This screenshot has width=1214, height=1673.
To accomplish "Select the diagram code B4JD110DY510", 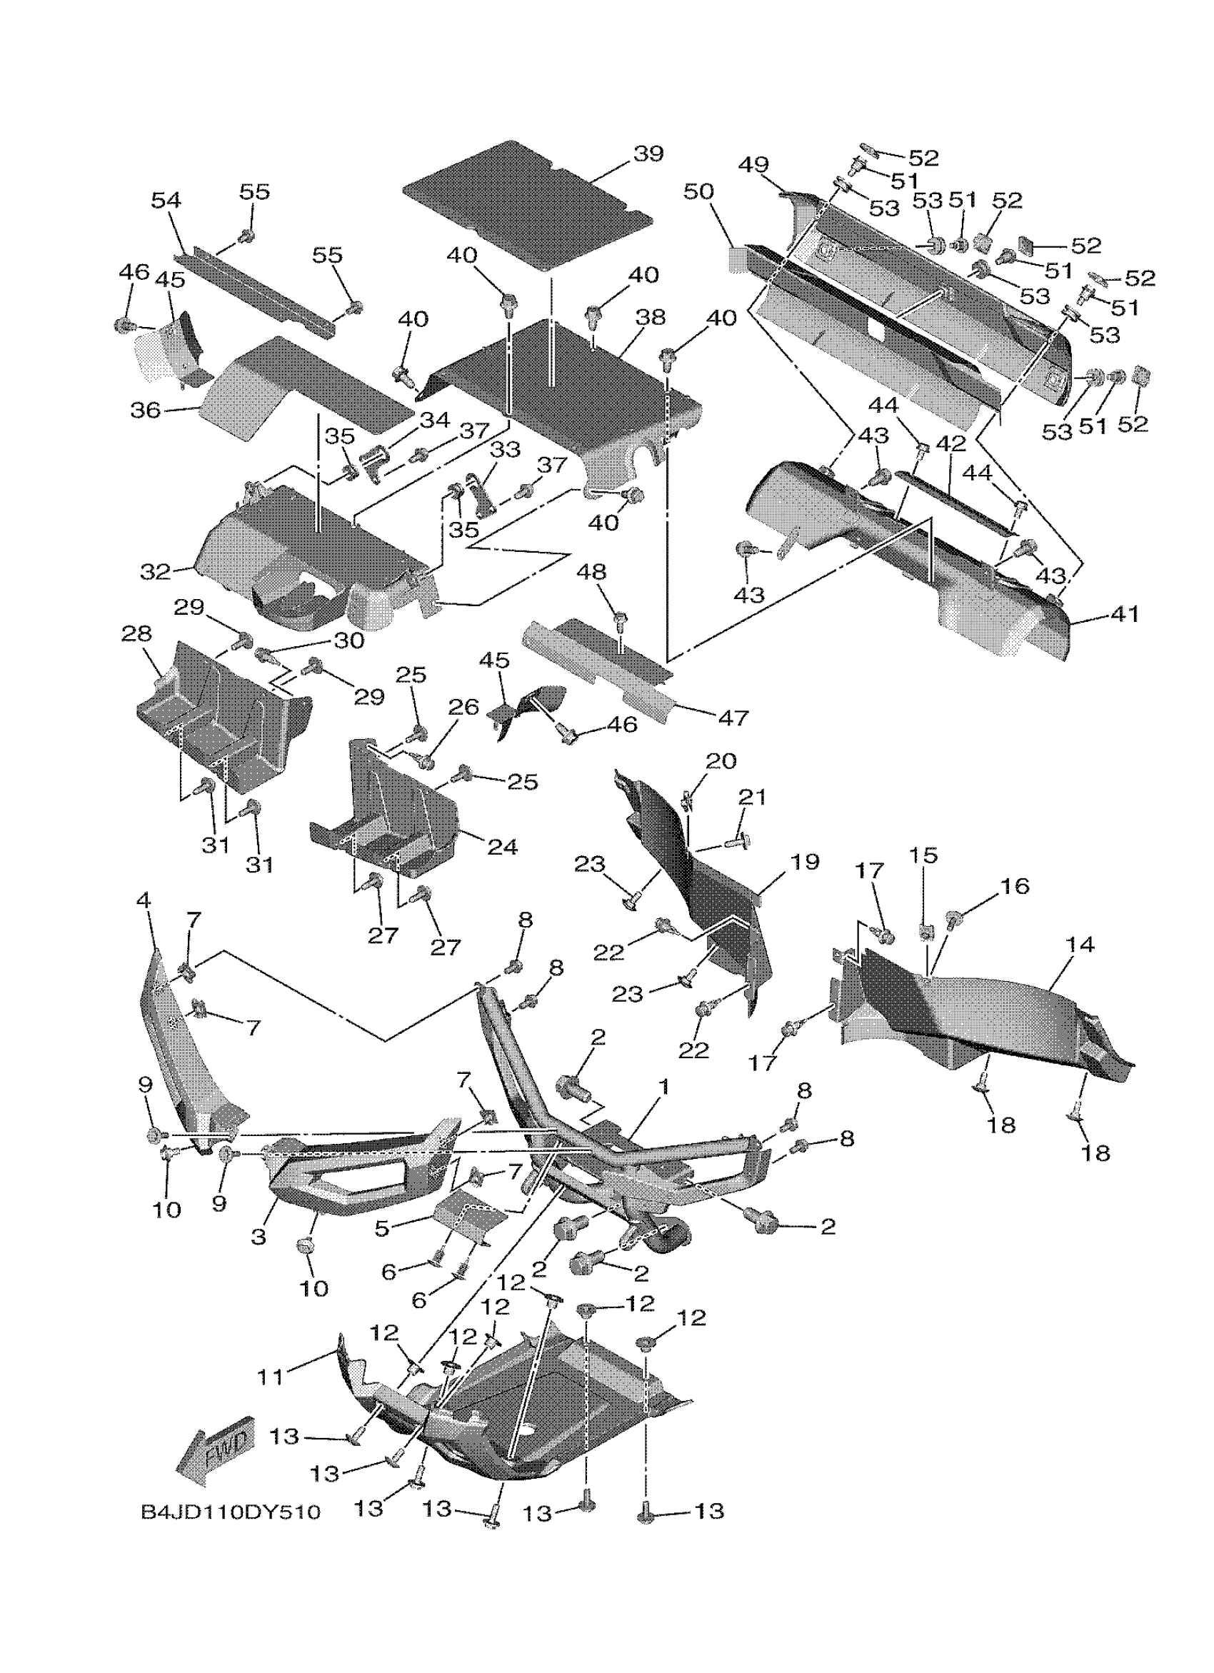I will (231, 1513).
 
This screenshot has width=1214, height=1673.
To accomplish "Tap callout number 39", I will (648, 154).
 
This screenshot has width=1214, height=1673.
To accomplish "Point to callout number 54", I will (166, 200).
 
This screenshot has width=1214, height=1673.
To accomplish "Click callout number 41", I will (1124, 614).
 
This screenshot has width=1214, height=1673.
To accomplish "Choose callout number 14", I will (1080, 944).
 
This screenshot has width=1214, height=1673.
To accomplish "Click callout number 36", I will (144, 410).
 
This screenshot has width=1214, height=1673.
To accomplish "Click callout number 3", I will (258, 1237).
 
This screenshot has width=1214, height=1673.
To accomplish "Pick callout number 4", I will (143, 900).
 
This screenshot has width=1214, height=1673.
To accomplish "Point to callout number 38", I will (650, 317).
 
